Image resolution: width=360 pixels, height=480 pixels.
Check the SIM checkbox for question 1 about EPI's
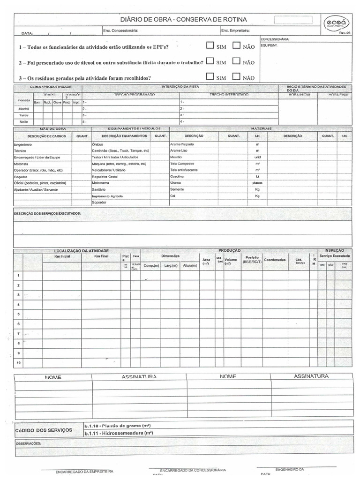coord(210,45)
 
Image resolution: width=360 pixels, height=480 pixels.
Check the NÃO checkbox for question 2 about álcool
coord(236,61)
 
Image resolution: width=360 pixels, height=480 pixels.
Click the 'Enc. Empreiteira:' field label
coord(235,31)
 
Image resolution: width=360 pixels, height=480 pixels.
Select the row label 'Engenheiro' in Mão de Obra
coord(22,145)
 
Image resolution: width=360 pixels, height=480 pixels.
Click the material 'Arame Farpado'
coord(182,144)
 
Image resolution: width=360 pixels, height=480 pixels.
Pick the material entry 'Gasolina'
coord(178,176)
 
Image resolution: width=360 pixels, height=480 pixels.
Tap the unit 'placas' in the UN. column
coord(257,183)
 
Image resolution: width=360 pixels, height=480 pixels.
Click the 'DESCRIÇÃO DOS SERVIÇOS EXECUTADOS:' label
coord(47,213)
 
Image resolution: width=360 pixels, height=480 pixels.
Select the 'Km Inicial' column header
coord(62,257)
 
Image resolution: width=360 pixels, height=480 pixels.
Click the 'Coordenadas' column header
coord(275,260)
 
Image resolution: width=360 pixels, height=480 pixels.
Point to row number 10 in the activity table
coord(18,363)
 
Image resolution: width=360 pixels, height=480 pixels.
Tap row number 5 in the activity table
coord(18,314)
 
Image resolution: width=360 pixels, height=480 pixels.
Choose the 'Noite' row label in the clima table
coord(23,122)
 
